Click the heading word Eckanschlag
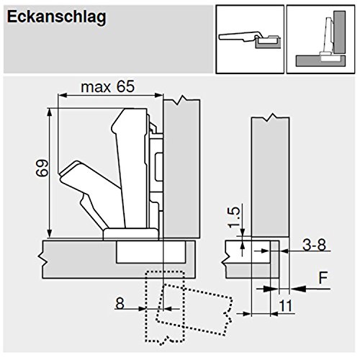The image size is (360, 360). (57, 17)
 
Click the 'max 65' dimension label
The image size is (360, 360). (108, 87)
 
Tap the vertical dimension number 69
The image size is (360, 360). (42, 168)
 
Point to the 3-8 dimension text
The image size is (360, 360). (314, 245)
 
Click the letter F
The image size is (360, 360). (323, 278)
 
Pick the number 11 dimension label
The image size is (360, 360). (286, 306)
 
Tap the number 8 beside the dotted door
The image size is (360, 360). (120, 303)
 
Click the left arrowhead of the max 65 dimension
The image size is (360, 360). (62, 96)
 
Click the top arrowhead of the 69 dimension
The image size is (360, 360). (50, 112)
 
